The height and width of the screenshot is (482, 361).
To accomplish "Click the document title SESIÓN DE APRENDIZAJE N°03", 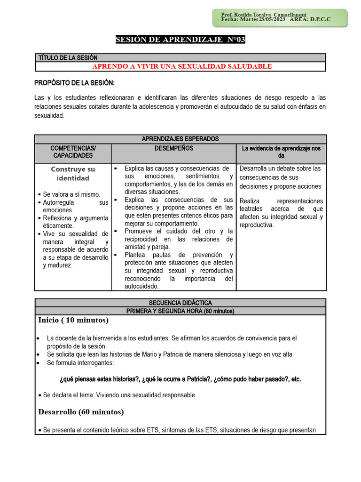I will [180, 40].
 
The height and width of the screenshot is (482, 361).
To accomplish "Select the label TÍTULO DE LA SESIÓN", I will [67, 57].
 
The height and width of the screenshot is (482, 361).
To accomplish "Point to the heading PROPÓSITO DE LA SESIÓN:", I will [74, 83].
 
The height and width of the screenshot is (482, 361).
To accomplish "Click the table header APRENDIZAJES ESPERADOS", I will [180, 139].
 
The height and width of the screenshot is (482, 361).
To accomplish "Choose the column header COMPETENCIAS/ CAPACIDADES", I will [73, 152].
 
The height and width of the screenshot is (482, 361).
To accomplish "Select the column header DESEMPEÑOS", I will [173, 148].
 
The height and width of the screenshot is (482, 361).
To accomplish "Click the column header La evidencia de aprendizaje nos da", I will [281, 152].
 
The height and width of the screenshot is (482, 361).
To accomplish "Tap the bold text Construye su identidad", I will [73, 174].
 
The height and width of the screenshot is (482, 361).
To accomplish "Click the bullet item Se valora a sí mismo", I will [71, 194].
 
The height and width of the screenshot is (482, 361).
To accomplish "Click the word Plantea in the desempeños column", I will [136, 255].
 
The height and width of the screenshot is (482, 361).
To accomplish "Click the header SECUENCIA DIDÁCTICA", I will [180, 303].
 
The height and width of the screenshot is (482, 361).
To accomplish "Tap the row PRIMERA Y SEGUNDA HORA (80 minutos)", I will [180, 311].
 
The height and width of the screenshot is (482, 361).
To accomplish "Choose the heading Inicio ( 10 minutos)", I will [73, 320].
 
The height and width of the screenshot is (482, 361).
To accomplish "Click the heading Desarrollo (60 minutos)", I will [81, 412].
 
